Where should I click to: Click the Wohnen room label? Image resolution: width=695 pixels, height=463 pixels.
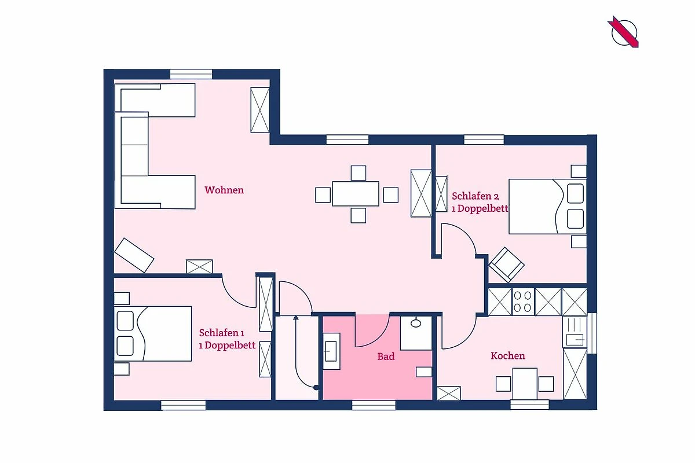pos(224,190)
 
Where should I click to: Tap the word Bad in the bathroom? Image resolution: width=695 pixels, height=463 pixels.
pos(386,357)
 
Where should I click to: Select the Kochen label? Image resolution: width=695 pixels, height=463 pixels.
pos(508,356)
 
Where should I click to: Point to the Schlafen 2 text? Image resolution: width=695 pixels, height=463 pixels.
pos(475,196)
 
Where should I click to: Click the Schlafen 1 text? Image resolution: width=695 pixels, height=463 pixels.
pos(221,333)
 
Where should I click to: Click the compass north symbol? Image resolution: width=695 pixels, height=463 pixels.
pos(624,32)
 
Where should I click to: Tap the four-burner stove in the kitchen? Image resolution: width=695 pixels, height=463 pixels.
pos(523,302)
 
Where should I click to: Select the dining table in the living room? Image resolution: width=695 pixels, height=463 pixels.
pos(356,194)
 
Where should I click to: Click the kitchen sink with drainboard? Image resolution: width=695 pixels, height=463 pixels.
pos(575,332)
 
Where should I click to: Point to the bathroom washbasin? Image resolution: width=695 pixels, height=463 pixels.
pos(331,351)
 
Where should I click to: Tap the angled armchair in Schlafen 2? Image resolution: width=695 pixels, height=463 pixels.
pos(506,264)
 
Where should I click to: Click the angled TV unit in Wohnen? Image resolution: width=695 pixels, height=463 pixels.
pos(134,255)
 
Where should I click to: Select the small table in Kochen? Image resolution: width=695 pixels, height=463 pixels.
pos(525,384)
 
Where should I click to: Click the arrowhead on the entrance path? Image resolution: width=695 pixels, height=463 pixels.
pos(296,317)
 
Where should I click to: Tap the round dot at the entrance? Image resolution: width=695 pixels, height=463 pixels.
pos(316,387)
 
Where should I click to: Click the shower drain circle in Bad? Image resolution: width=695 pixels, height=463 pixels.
pos(416,324)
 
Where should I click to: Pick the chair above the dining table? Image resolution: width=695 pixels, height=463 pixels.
pos(359,172)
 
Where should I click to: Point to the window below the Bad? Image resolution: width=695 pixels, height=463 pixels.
pos(374,405)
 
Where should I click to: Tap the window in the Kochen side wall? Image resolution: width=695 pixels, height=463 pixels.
pos(592,333)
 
